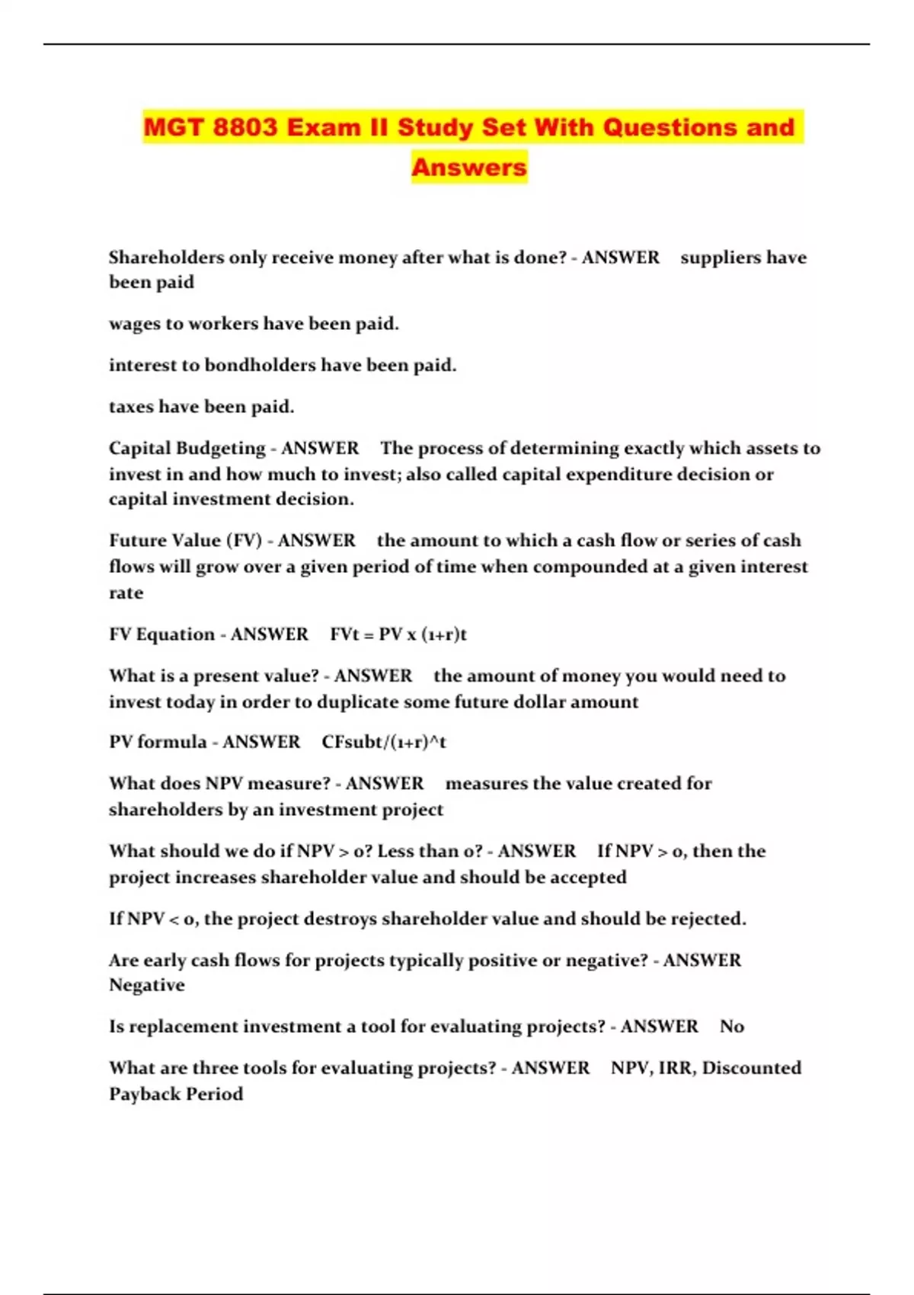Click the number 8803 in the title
click(245, 127)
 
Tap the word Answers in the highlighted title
click(469, 167)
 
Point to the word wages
click(135, 324)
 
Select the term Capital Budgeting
click(187, 448)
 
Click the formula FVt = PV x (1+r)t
click(398, 635)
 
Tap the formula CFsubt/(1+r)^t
click(384, 742)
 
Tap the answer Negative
click(147, 985)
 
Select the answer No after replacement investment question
click(731, 1027)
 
